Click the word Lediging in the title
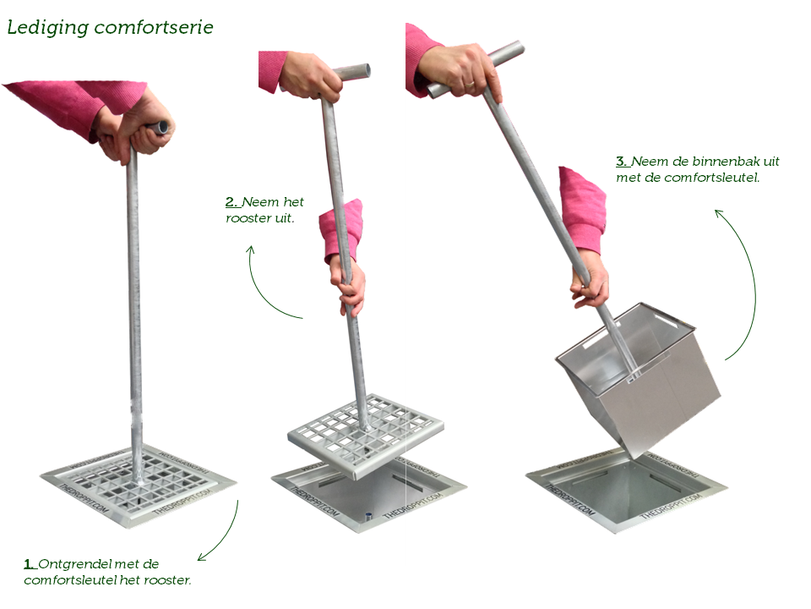47,28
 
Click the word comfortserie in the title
154,27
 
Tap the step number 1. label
30,564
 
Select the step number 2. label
232,202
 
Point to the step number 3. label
623,162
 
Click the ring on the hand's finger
469,84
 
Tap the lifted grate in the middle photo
366,436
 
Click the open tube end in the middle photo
366,70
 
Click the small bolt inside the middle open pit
368,516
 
